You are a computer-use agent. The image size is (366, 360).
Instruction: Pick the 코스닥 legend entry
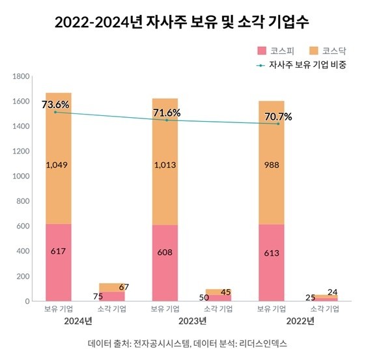coord(325,50)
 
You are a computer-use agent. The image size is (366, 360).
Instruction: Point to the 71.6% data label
coord(167,113)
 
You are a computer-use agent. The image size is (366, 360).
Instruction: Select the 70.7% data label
coord(277,117)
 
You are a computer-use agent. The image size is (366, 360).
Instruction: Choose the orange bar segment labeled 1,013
coord(165,165)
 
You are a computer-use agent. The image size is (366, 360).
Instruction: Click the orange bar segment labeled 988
coord(272,165)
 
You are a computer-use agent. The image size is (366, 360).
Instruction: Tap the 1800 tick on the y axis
coord(23,77)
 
